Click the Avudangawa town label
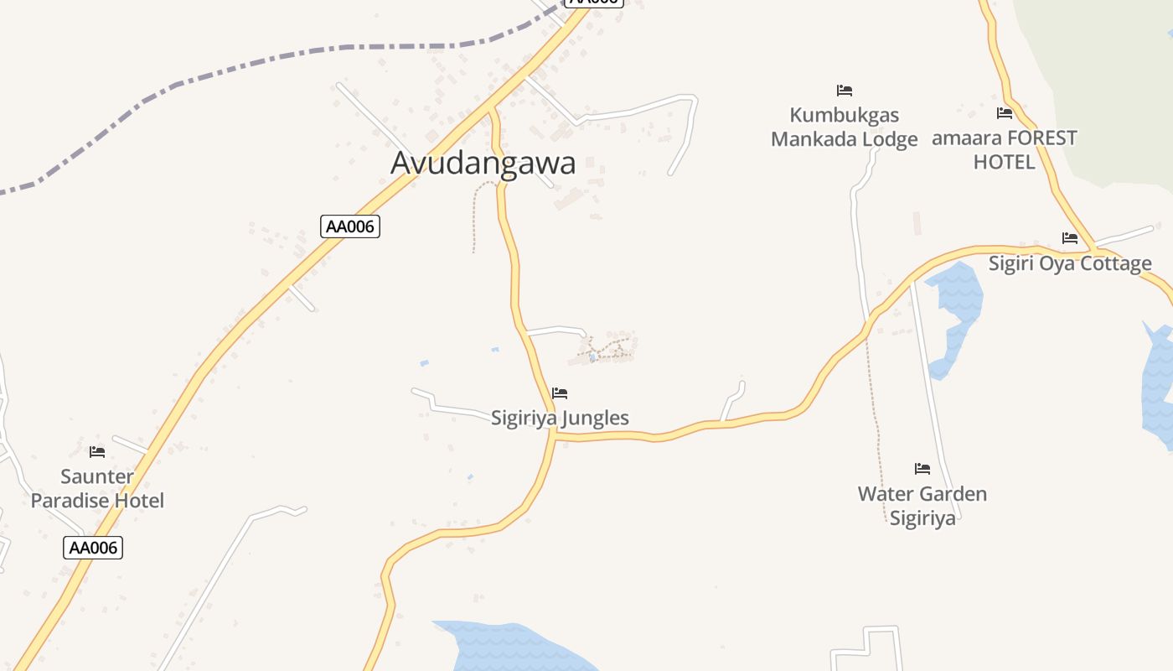click(x=483, y=163)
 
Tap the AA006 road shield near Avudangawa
click(x=350, y=226)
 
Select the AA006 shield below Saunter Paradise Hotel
click(x=93, y=549)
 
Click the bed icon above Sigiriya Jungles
click(x=560, y=393)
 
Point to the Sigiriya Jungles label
click(x=560, y=418)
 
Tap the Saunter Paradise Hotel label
click(x=97, y=489)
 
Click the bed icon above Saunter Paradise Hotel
click(x=97, y=452)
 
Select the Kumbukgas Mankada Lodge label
click(x=845, y=127)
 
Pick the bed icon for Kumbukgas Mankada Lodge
click(x=845, y=91)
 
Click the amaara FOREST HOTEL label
click(x=1005, y=149)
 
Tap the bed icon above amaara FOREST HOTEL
click(x=1005, y=113)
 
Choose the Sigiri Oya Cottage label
click(x=1070, y=263)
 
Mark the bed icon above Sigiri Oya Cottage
click(x=1070, y=238)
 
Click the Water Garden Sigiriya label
click(x=922, y=506)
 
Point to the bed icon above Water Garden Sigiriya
click(x=922, y=469)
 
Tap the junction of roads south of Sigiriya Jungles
click(x=554, y=434)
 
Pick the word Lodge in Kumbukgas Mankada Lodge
click(x=886, y=139)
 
